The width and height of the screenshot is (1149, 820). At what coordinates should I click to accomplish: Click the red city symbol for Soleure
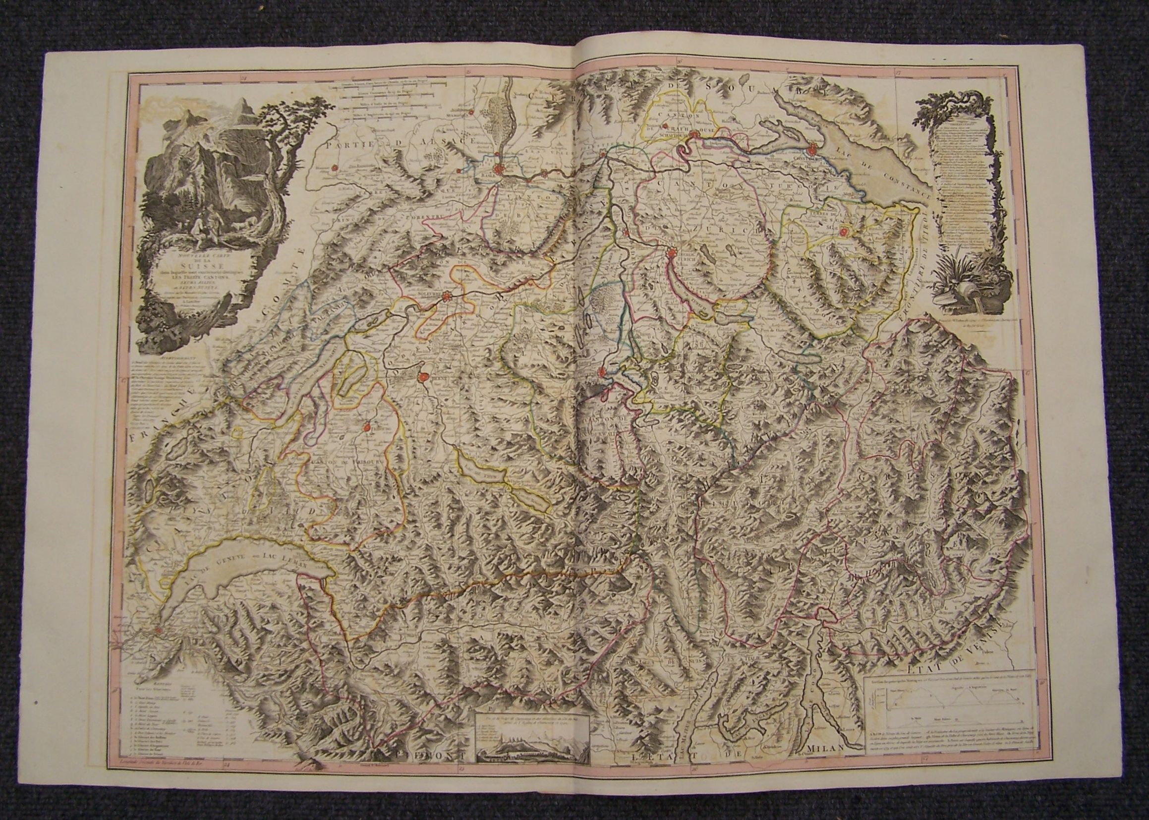(x=447, y=296)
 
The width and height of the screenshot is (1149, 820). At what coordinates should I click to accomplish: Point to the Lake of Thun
(x=482, y=473)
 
